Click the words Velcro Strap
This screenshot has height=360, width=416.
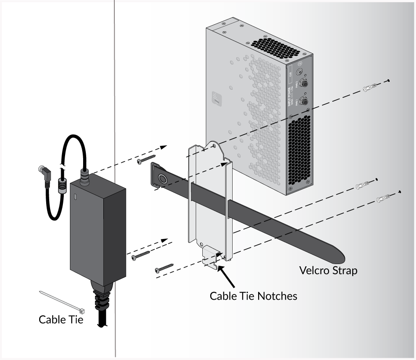click(328, 270)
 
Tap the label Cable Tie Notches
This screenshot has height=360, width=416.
click(253, 296)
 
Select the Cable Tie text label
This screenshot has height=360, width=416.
click(61, 319)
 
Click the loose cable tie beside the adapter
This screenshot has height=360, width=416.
click(62, 299)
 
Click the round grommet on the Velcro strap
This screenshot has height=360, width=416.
click(162, 179)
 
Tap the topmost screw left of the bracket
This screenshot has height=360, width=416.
click(146, 159)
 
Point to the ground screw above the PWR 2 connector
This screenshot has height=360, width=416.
click(300, 71)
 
